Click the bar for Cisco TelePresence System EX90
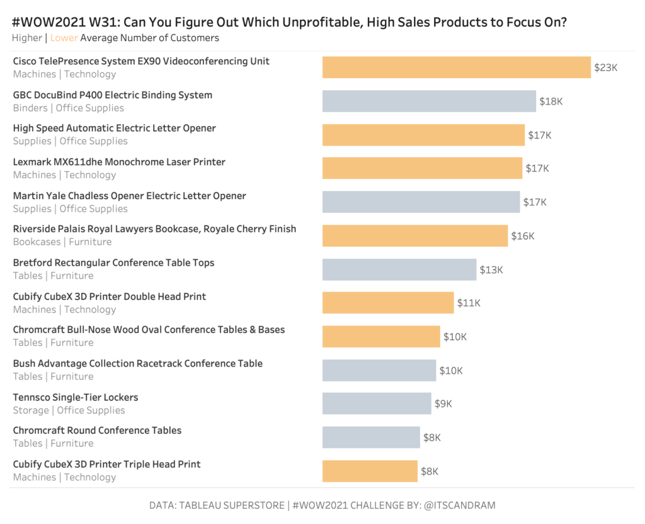click(457, 67)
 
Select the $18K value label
click(551, 101)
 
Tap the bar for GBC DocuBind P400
click(429, 101)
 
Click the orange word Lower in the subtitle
click(64, 38)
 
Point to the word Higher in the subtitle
click(27, 38)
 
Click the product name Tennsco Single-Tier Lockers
click(76, 397)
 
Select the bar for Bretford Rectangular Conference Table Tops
click(399, 270)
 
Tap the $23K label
click(606, 67)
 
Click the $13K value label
click(491, 270)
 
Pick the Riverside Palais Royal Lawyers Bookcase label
click(154, 229)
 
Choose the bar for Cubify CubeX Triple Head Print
click(370, 471)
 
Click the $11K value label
click(469, 303)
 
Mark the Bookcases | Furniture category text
click(62, 242)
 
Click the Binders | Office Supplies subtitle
click(69, 108)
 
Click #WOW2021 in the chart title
click(47, 23)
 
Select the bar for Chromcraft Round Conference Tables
click(371, 437)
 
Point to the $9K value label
click(443, 404)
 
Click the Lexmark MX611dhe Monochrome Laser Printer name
click(119, 162)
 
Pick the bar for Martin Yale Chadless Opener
click(421, 202)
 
